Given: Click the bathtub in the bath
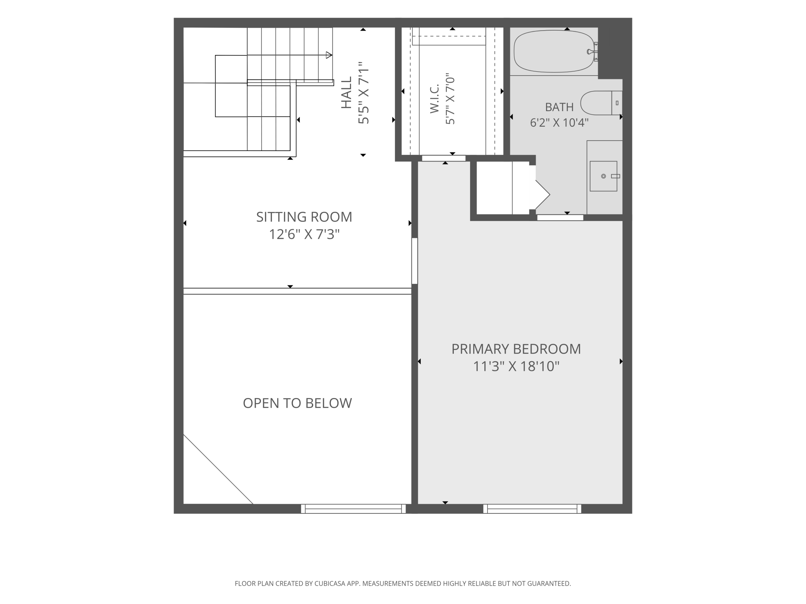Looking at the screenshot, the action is [554, 51].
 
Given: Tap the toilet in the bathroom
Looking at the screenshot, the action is [601, 103].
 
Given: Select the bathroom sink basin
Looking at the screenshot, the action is [603, 176].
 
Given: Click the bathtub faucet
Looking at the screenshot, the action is [592, 51].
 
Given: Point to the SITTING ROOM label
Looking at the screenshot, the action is [304, 217].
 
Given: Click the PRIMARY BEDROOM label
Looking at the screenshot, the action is [516, 349].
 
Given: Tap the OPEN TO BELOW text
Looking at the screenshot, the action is [297, 403].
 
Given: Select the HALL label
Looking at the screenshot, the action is [346, 92].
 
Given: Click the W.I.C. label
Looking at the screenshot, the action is [434, 99].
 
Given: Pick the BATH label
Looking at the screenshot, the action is [559, 107].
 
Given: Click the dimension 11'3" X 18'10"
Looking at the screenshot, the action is [516, 366].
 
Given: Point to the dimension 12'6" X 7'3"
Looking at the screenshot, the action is [304, 234].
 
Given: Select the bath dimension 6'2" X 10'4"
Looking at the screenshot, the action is [559, 123].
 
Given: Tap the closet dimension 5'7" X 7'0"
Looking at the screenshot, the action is [450, 99].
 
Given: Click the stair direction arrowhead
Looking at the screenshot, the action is [329, 55].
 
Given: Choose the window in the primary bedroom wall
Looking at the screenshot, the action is [532, 509].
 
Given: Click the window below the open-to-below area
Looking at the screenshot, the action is [353, 509].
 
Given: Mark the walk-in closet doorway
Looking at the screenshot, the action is [444, 158].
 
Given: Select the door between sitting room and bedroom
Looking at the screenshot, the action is [415, 261].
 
